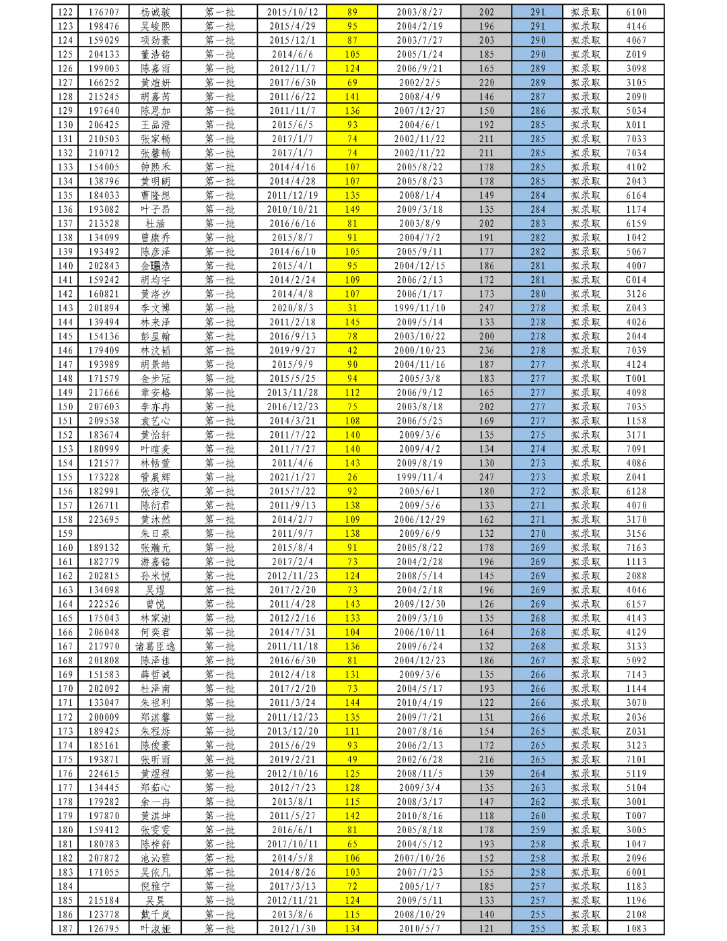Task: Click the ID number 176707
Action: point(104,12)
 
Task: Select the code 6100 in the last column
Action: point(636,12)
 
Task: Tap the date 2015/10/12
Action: point(292,12)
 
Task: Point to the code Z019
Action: point(636,55)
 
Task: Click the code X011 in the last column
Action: point(636,125)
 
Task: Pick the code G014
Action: point(636,280)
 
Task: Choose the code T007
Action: point(636,816)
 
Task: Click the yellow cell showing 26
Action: point(352,477)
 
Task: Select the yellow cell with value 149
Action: point(352,209)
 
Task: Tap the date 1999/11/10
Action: point(419,308)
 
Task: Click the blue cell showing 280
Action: point(537,294)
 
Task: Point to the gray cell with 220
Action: point(486,83)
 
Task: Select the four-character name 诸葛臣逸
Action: point(155,647)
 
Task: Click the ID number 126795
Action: point(104,929)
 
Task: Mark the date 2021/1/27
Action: point(292,477)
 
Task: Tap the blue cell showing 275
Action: point(537,435)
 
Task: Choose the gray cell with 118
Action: point(486,816)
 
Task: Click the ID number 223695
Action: point(104,519)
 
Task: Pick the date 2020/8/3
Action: point(292,308)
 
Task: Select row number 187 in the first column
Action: point(65,929)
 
